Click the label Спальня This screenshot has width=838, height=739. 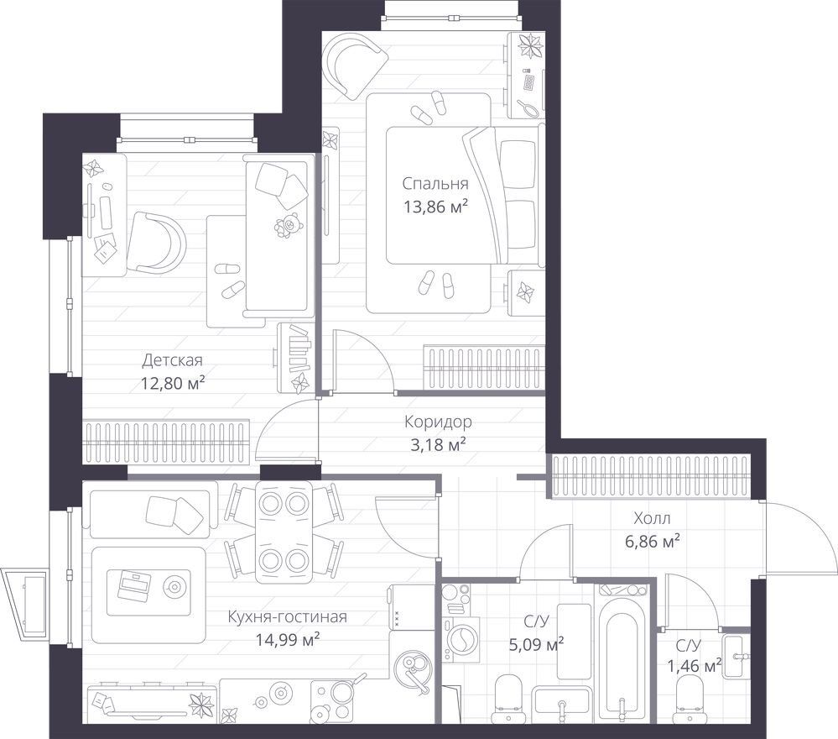point(435,184)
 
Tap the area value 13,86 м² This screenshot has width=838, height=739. point(436,207)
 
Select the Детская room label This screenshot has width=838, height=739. point(172,360)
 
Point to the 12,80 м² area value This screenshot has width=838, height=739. point(173,383)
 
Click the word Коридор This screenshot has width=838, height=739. point(438,422)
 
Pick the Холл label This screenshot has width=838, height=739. point(652,518)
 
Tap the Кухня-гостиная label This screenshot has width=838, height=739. point(288,616)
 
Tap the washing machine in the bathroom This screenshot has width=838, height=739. point(461,638)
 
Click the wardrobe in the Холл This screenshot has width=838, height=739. point(649,475)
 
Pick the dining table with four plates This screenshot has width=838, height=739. point(284,532)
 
